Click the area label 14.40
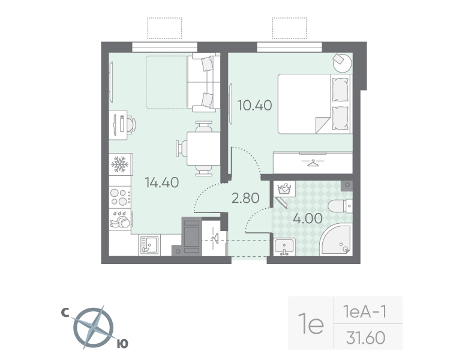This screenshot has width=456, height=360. point(161,182)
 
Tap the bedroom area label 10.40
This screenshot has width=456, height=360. point(254,106)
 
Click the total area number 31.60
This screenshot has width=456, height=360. point(365,338)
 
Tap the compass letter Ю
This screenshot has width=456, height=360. point(121,343)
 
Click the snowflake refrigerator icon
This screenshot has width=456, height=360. point(119,164)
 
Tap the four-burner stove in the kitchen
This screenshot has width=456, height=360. point(119,196)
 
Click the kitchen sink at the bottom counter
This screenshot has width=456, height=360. point(148,244)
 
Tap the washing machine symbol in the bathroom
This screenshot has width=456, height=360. point(284,190)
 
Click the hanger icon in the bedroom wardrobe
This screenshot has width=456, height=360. point(313,162)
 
